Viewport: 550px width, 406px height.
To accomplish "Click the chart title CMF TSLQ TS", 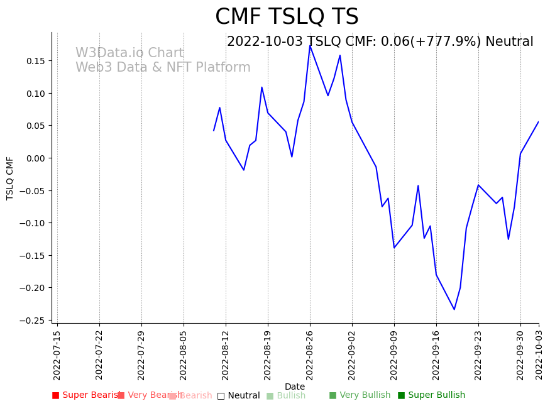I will coord(287,17).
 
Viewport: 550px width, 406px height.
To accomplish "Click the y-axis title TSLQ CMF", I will coord(10,178).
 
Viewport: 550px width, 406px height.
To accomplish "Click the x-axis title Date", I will coord(294,387).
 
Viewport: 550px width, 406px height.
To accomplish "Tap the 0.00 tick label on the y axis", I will coord(36,158).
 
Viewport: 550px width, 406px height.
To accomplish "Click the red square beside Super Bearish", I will coord(55,395).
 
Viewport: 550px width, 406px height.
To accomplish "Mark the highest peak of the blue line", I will coord(310,46).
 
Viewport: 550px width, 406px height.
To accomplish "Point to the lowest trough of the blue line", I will coord(454,309).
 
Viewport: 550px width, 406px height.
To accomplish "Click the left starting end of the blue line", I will coord(214,131).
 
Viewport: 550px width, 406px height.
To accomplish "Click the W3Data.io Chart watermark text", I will coord(129,53).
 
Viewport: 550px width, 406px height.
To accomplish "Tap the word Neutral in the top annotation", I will coord(509,42).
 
